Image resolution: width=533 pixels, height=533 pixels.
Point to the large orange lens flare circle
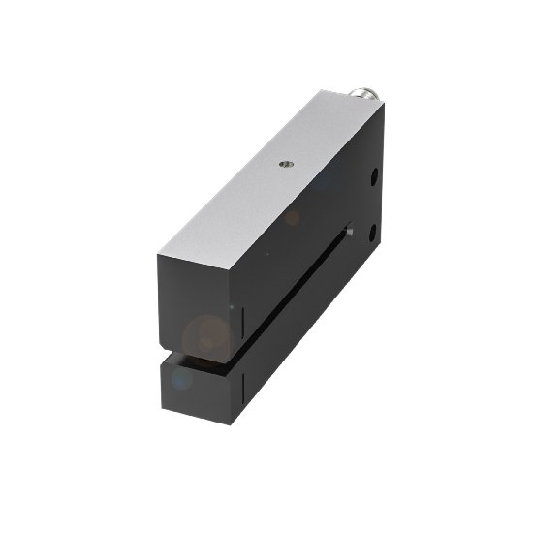[x=206, y=335]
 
